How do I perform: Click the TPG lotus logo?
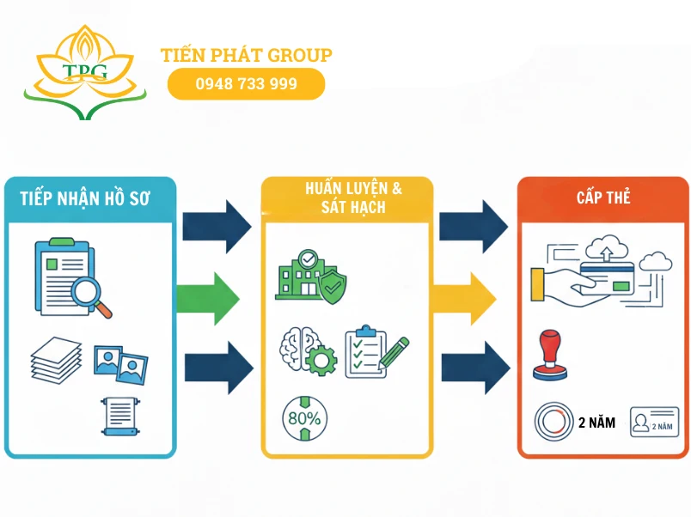coord(84,72)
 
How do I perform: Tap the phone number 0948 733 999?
coord(246,84)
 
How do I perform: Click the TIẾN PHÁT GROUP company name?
coord(246,55)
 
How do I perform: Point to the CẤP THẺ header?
coord(603,198)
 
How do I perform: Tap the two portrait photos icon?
coord(120,364)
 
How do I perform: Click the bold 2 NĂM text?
coord(596,423)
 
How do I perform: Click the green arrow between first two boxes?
coord(208,298)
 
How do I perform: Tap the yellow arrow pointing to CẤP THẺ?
coord(466,298)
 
